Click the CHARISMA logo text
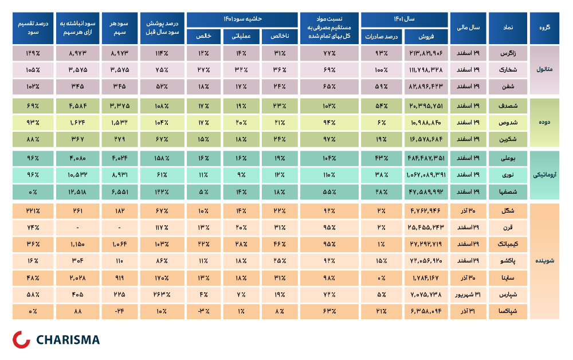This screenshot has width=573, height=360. tap(68, 340)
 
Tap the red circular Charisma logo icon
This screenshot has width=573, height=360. tap(21, 339)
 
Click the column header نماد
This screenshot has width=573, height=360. tap(508, 28)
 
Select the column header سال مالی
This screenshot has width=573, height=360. tap(468, 28)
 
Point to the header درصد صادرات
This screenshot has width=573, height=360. tap(382, 36)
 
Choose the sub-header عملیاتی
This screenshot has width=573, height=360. tap(241, 36)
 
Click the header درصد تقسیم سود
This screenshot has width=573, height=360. tap(33, 28)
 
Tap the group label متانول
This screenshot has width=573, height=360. tap(544, 69)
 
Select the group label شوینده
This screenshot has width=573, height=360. tap(544, 261)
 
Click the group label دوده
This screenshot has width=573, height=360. tap(544, 122)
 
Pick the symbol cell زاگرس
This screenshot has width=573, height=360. tap(508, 53)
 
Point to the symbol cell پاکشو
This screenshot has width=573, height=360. tap(508, 261)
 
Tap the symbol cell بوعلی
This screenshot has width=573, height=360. tap(508, 158)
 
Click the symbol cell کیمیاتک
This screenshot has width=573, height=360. tap(508, 244)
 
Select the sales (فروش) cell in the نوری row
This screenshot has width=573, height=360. tap(426, 175)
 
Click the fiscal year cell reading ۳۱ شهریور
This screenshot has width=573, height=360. tap(468, 294)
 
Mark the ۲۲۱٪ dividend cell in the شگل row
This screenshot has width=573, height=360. tap(33, 211)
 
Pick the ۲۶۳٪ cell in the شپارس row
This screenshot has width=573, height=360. tap(162, 294)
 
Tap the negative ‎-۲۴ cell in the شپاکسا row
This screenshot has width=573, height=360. tap(120, 311)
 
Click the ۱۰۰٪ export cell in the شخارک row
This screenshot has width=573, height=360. tap(382, 69)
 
